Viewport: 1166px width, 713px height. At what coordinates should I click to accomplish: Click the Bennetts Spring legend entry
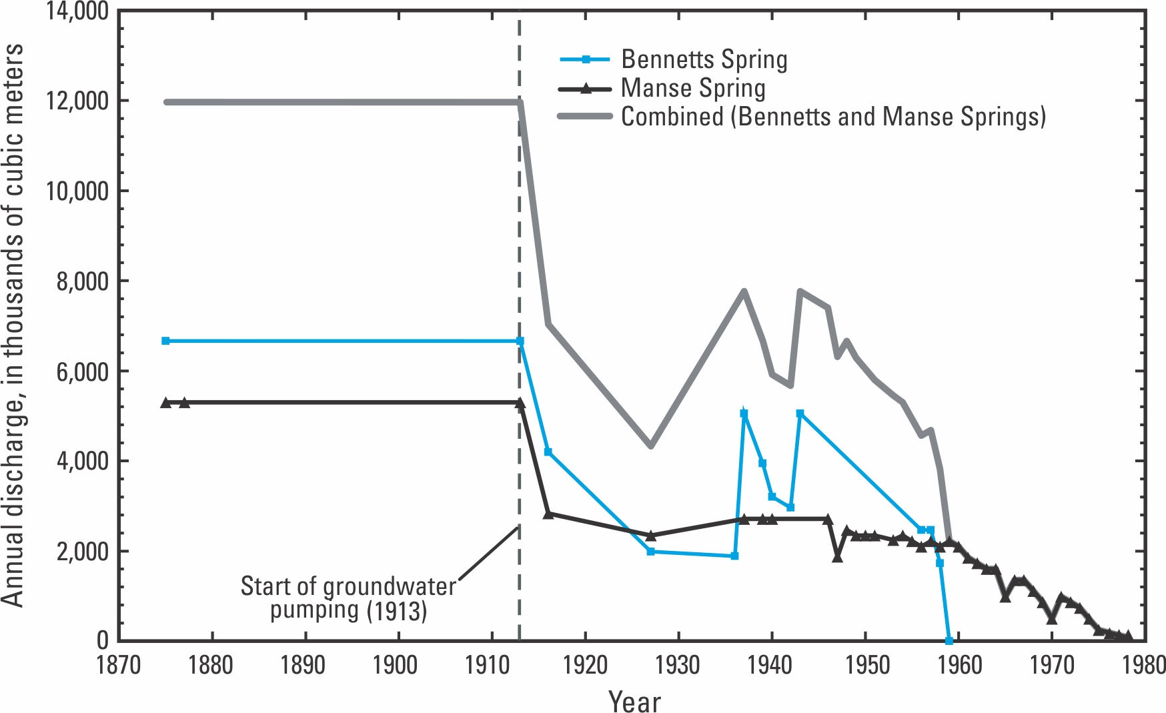click(704, 59)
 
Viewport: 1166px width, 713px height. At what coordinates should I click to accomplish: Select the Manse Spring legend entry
click(692, 88)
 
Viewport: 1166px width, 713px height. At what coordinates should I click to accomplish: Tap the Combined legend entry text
click(833, 117)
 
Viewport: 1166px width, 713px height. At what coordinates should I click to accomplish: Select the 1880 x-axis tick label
click(211, 665)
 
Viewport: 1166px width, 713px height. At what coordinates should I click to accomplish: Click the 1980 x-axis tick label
click(1144, 665)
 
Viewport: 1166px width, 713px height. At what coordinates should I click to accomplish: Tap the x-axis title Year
click(634, 700)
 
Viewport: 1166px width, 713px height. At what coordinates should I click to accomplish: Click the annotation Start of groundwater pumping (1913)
click(348, 598)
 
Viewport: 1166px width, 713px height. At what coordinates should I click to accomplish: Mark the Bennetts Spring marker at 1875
click(165, 341)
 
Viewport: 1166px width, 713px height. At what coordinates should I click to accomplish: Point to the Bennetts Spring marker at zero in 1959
click(949, 640)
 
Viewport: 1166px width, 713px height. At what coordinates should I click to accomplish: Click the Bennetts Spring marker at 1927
click(650, 552)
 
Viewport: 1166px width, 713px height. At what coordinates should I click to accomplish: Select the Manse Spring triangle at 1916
click(548, 514)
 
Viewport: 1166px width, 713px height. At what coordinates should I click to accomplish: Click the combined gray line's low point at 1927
click(650, 446)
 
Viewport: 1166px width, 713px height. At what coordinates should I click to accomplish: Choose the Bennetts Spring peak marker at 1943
click(800, 414)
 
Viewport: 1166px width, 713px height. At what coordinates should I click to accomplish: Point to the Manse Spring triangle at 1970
click(1052, 619)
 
